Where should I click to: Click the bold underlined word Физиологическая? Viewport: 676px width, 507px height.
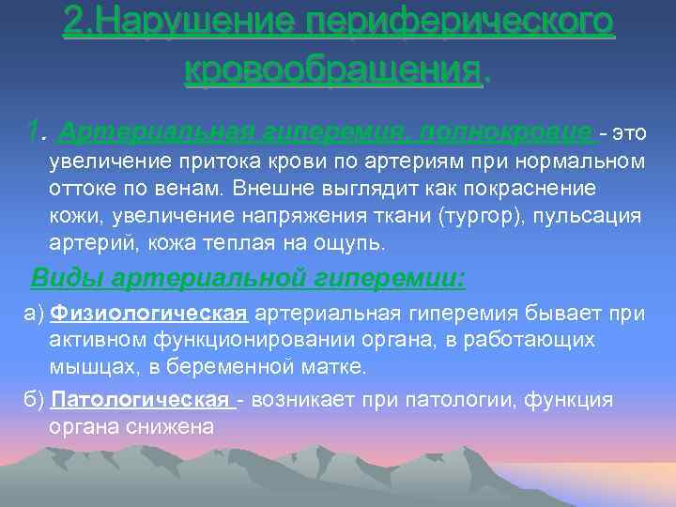[x=149, y=313]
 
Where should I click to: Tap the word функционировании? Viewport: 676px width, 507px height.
[x=223, y=339]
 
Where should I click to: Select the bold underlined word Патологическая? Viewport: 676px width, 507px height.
[x=142, y=400]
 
